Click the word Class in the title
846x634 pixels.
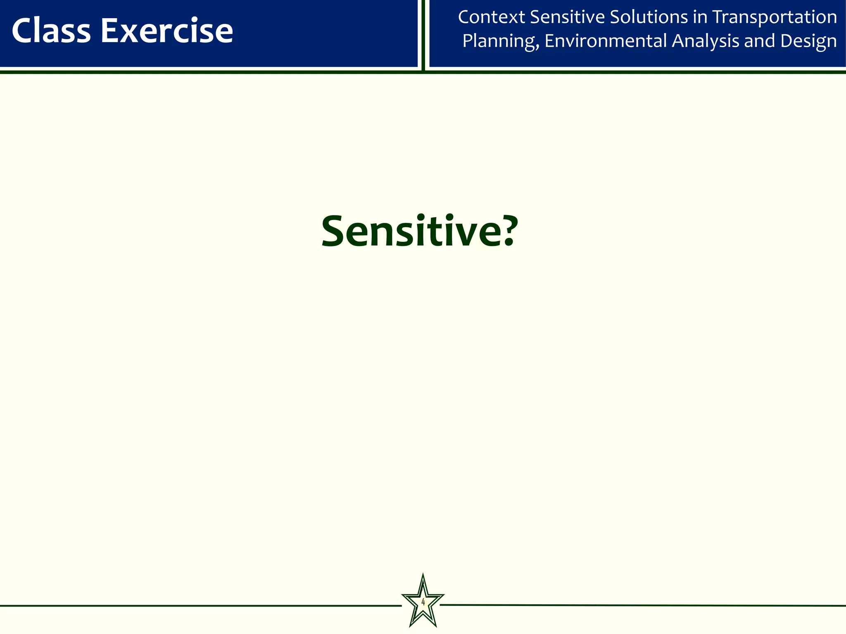tap(51, 31)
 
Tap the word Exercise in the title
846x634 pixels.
tap(167, 31)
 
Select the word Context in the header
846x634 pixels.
tap(491, 17)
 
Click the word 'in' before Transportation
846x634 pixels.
tap(699, 17)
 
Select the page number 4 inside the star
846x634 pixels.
tap(423, 603)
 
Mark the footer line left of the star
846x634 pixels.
tap(198, 606)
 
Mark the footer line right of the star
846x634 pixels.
tap(640, 606)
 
